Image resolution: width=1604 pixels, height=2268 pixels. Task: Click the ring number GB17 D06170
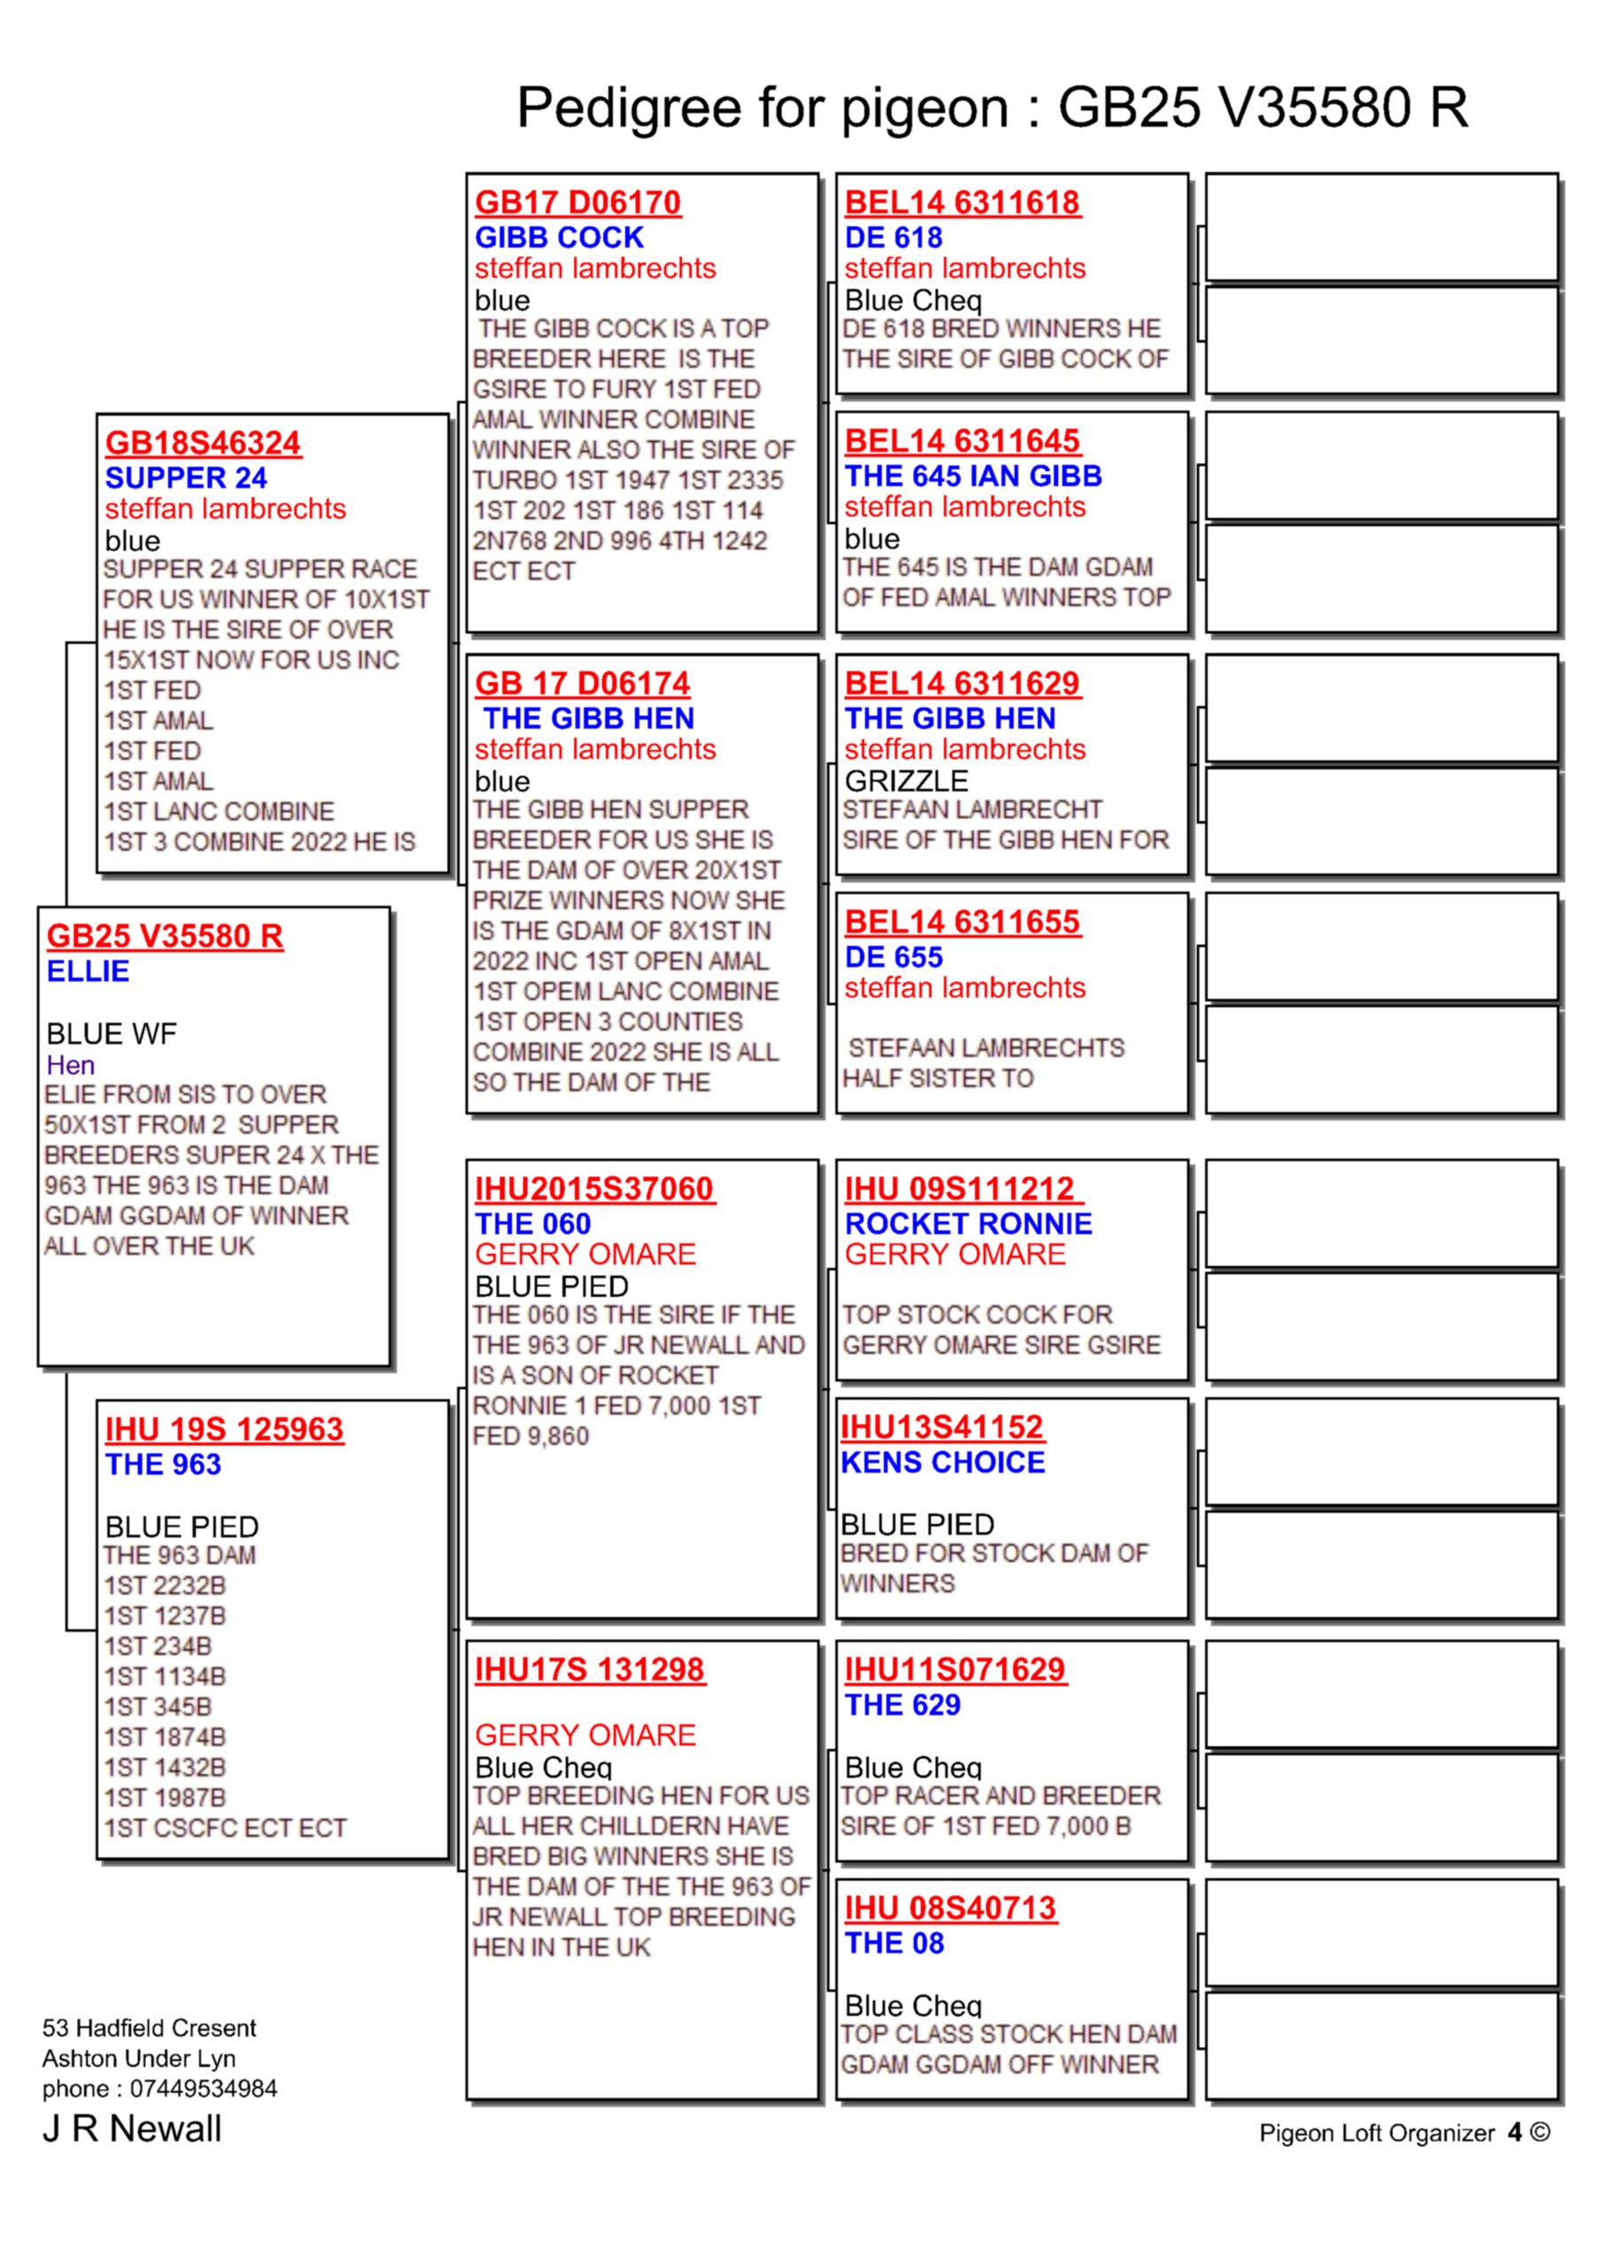577,203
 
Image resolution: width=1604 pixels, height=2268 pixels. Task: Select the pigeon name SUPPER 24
186,478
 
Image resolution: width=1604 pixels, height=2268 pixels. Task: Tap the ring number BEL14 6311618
962,203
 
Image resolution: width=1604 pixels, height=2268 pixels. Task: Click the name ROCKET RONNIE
968,1223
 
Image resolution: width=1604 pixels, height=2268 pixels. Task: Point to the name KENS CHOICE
942,1462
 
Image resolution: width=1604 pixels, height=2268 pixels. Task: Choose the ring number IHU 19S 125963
224,1429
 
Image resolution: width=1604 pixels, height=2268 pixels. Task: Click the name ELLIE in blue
88,971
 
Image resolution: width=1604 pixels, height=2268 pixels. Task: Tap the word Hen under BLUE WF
70,1065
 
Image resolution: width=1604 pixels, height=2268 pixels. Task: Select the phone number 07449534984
204,2088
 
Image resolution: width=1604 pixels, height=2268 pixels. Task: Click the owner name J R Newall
131,2129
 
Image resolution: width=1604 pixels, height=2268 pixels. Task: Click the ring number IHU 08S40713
950,1908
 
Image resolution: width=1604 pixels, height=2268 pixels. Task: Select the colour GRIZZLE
906,781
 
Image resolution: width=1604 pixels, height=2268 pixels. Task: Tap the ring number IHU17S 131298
590,1669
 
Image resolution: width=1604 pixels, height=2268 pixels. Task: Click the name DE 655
893,957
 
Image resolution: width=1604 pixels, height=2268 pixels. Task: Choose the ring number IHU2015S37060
593,1188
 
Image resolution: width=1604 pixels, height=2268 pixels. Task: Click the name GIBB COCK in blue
559,237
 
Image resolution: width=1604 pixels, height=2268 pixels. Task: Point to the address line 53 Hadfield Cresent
149,2028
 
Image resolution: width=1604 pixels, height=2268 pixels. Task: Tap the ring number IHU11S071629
954,1669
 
